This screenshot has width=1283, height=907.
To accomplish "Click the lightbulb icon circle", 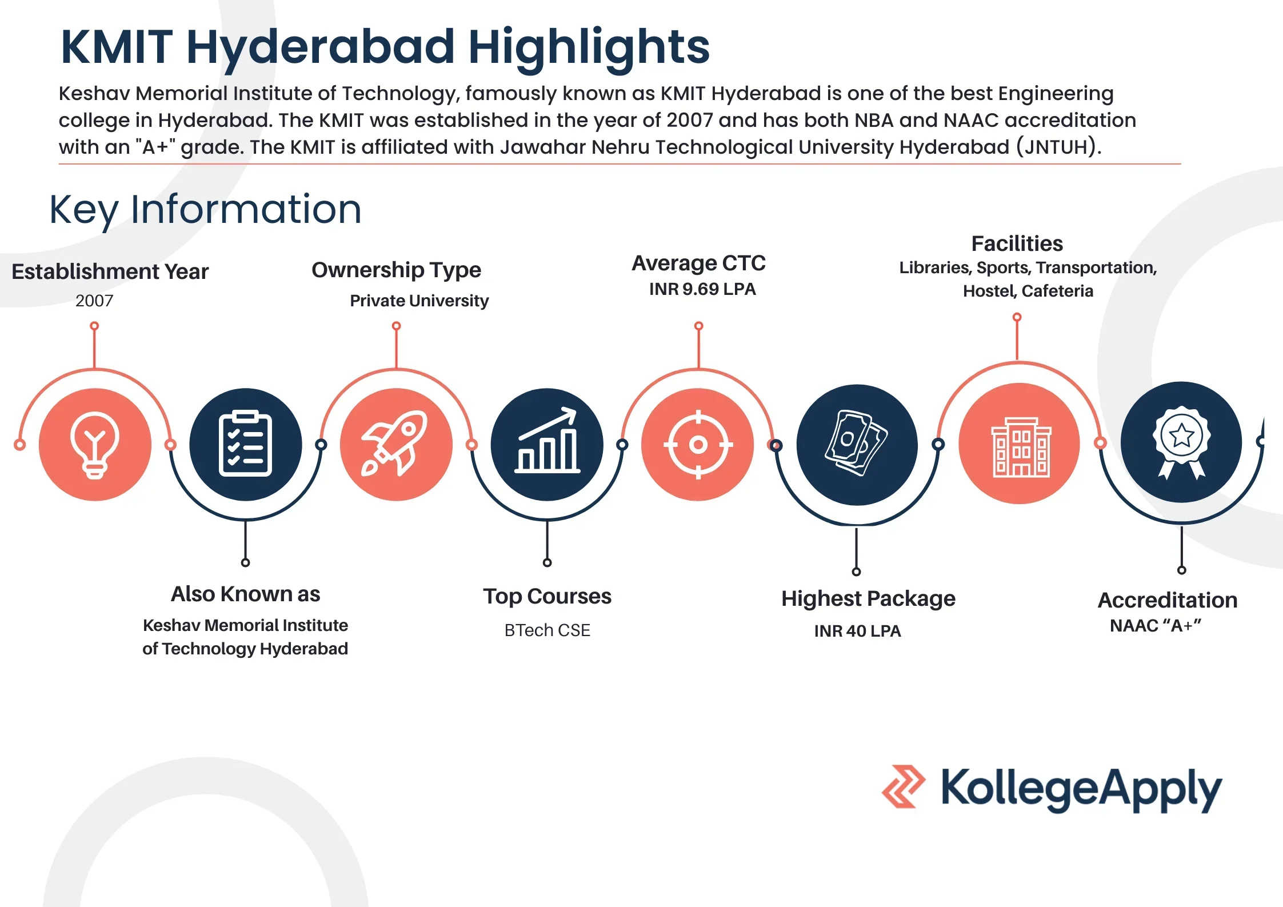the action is click(95, 445).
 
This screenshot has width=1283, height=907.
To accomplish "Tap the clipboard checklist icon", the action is click(245, 443).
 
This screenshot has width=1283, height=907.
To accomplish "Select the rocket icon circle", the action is click(396, 445).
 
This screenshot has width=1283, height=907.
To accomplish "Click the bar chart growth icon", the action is click(547, 440).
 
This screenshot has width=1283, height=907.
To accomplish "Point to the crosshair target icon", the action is click(698, 445).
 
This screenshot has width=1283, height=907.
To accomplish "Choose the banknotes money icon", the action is click(856, 443).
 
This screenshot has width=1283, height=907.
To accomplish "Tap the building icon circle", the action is click(1019, 443).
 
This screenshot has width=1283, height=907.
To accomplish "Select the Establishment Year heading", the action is click(110, 272).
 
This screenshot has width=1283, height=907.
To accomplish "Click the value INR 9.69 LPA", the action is click(702, 289).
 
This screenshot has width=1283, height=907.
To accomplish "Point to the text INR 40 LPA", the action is click(857, 631).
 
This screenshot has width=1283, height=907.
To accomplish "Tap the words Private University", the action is click(419, 301).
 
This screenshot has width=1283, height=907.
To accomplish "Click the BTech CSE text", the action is click(547, 630).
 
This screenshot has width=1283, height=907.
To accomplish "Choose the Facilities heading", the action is click(1017, 243).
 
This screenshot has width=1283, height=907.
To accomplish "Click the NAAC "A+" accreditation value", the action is click(1156, 626).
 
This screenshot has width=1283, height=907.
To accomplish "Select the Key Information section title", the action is click(205, 210).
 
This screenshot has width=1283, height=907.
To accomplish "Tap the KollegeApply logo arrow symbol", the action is click(904, 786).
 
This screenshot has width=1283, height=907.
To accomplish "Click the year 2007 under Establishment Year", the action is click(94, 301).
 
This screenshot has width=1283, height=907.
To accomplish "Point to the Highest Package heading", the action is click(868, 599).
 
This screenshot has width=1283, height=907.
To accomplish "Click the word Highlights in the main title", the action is click(589, 48).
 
